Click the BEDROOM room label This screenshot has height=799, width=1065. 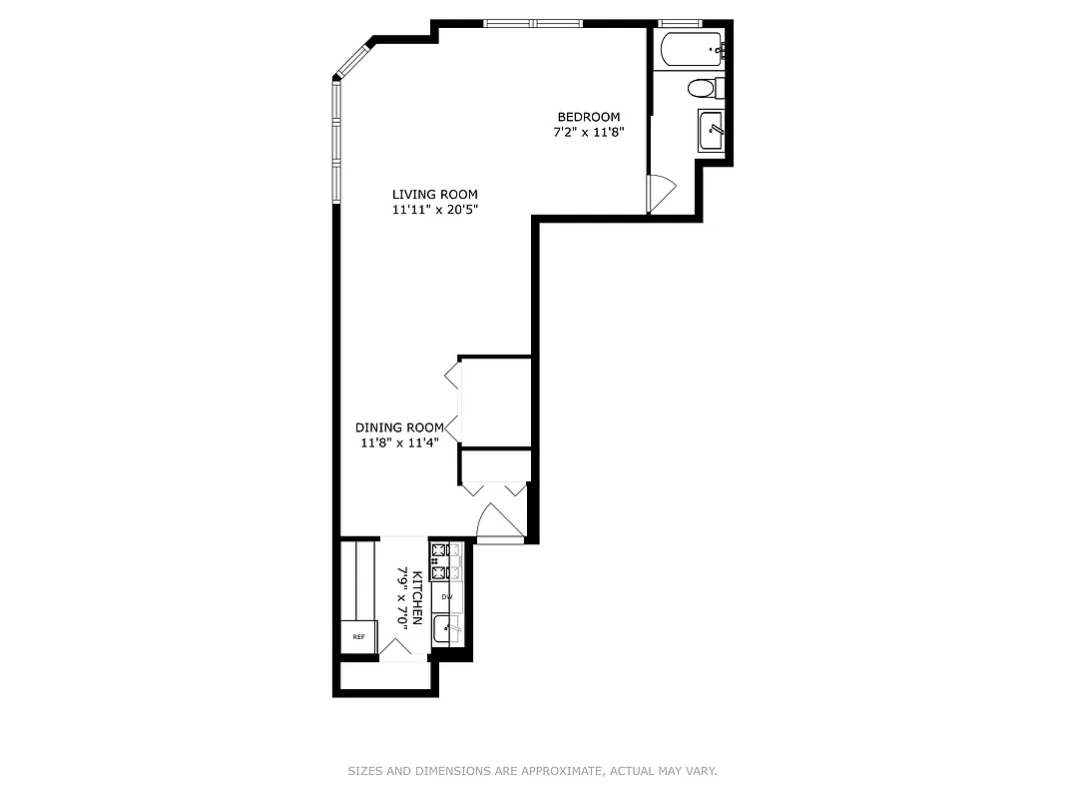[588, 117]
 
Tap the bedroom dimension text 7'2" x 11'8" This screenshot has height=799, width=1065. [588, 132]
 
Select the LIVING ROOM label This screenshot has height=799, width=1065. [434, 195]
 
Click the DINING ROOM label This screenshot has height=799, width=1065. [399, 427]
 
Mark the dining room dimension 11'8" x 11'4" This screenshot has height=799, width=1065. [399, 442]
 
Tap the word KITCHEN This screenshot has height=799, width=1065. [417, 598]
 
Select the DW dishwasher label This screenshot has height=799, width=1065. [447, 597]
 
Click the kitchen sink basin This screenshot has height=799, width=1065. [446, 630]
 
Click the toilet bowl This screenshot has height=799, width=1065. [702, 89]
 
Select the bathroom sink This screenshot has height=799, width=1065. [712, 129]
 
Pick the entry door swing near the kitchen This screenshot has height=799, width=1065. [499, 521]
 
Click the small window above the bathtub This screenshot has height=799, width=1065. [682, 23]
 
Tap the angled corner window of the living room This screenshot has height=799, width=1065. [351, 61]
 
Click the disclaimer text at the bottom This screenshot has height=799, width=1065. [532, 771]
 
